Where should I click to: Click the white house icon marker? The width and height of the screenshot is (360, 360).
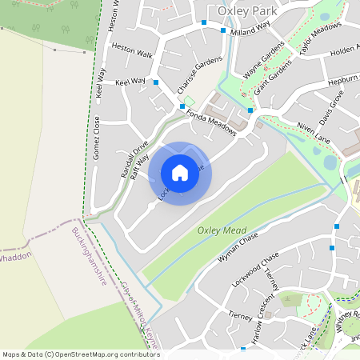[180, 173]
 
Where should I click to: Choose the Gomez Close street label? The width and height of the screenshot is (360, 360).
[96, 138]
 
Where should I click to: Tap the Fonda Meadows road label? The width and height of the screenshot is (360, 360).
[211, 122]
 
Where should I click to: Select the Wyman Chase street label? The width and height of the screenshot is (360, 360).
[239, 249]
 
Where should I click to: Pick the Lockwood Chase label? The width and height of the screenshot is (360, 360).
[254, 268]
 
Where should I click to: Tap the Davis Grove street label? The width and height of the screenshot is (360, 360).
[330, 108]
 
